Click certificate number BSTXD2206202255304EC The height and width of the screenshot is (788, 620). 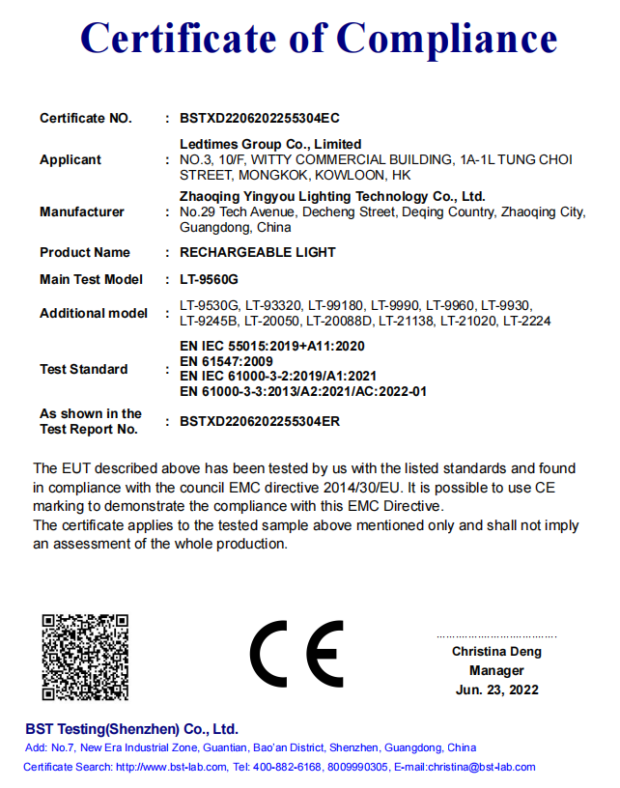tap(260, 119)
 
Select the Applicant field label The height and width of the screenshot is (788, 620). tap(70, 160)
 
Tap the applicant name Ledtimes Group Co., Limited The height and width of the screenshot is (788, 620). tap(271, 144)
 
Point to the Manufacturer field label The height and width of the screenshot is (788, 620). tap(82, 212)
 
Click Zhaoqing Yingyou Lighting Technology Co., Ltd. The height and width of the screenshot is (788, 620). tap(332, 196)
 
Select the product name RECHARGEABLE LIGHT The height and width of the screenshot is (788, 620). tap(258, 253)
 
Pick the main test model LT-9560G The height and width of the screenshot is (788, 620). tap(210, 280)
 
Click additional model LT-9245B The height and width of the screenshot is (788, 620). tap(209, 321)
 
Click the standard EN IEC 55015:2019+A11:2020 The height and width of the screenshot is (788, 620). tap(272, 346)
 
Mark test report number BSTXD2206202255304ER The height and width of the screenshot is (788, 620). tap(260, 422)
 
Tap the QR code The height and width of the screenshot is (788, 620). tap(86, 658)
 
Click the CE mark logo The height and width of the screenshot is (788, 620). tap(297, 656)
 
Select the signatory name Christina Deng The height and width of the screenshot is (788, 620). tap(496, 652)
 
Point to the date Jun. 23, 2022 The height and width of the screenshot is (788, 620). tap(496, 690)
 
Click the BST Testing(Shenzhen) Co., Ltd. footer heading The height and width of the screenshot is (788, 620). tap(131, 729)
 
